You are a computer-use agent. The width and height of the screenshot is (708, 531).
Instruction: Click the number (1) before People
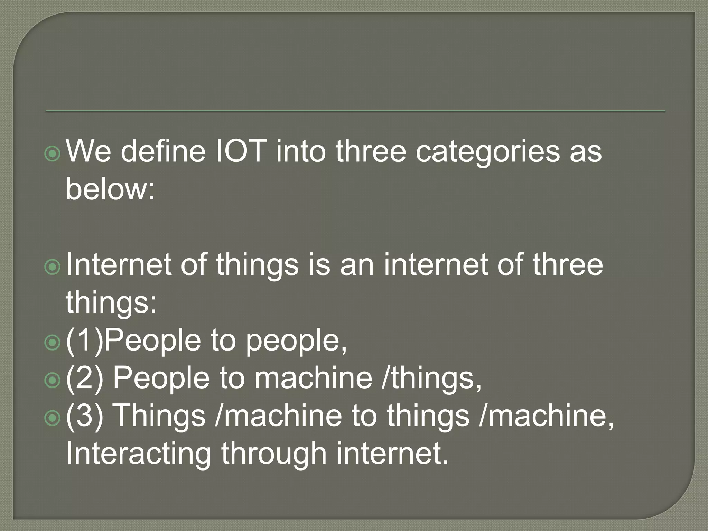(84, 340)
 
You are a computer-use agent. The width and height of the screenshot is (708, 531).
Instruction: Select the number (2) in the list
(84, 378)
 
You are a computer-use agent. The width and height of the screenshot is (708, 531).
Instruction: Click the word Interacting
(138, 454)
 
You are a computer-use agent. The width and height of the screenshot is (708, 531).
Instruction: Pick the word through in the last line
(274, 454)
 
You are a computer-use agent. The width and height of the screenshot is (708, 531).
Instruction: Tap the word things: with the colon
(111, 302)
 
